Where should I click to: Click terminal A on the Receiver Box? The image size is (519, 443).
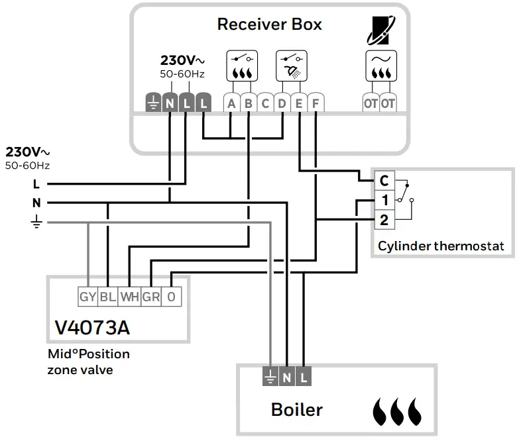coord(231,103)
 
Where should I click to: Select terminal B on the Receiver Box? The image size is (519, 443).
coord(248,103)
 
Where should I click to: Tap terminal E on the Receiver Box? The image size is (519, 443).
coord(299,103)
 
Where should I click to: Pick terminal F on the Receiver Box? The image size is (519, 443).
coord(316,103)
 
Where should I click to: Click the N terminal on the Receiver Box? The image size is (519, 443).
coord(170,103)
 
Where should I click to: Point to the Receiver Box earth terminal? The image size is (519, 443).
coord(153,103)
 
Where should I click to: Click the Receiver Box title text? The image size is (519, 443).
coord(269,25)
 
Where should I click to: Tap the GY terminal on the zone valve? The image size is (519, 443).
coord(87,297)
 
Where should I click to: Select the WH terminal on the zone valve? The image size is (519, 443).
coord(129,297)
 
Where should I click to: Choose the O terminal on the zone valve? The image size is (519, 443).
coord(171,297)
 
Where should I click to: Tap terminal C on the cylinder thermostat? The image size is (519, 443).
coord(384,181)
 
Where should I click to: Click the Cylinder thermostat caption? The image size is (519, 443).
coord(441,246)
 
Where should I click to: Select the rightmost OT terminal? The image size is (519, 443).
coord(388,103)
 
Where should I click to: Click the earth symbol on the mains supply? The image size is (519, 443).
coord(36,223)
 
